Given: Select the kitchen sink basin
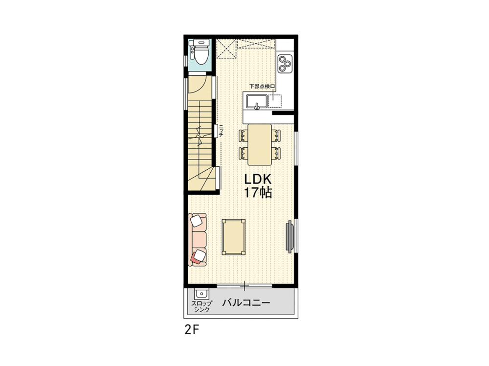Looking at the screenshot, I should (256, 102).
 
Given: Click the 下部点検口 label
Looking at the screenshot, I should (262, 87).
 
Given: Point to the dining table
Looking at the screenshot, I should (260, 144).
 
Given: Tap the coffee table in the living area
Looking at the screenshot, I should (234, 237).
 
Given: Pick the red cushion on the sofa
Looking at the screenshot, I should (199, 256).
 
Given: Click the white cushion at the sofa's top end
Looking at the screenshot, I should (198, 221).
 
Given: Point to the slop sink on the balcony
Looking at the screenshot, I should (200, 294).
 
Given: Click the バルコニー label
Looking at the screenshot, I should (246, 303).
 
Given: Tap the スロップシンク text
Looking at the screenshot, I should (201, 306).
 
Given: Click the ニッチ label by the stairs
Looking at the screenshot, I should (222, 131).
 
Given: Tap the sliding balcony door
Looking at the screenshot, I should (244, 285).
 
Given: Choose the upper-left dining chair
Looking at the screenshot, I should (243, 135).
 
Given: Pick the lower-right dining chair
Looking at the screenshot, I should (276, 153).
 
